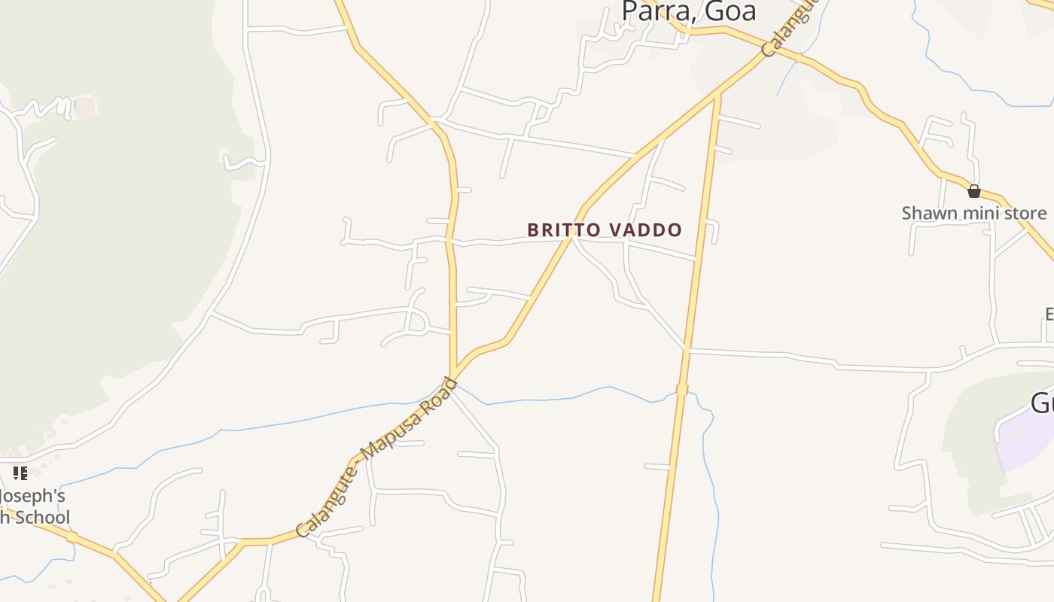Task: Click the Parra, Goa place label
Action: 688,11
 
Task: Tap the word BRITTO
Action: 561,230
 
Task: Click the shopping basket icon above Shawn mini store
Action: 973,191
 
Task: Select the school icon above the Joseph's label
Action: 20,473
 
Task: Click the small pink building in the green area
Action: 86,107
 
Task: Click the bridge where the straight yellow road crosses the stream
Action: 682,389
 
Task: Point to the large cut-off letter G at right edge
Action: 1043,403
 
